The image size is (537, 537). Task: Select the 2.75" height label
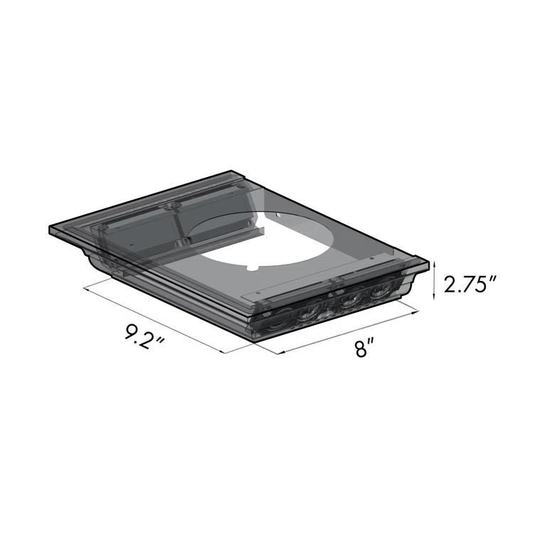pos(469,286)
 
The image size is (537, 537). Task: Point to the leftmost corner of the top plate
pos(48,230)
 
